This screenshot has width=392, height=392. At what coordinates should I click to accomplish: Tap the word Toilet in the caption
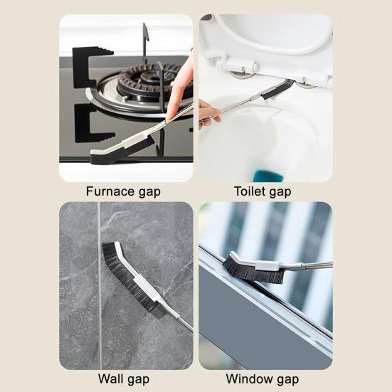point(250,191)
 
